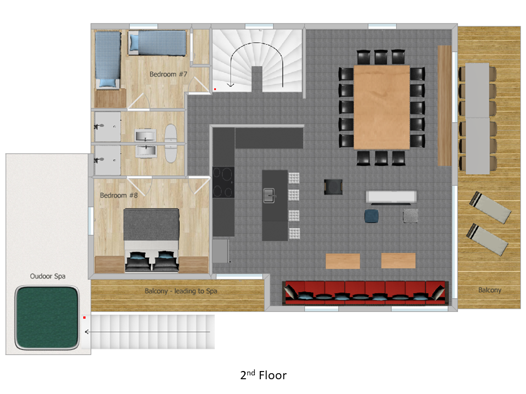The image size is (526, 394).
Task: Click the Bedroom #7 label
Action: coord(168,74)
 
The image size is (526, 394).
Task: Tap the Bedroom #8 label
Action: coord(119,195)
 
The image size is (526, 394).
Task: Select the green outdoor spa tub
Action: coord(47,317)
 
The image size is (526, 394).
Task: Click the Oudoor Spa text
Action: coord(48,276)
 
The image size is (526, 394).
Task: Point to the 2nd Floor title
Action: coord(264,375)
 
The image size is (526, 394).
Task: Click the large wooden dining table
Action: coord(382,107)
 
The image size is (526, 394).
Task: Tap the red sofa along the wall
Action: coord(365,293)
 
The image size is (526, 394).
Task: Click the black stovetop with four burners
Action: coord(224,182)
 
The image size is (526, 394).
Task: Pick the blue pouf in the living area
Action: coord(371,216)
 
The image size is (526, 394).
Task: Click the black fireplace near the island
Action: coord(333,187)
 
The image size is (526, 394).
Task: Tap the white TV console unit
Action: coord(391,197)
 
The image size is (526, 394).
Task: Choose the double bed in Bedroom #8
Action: coord(151,240)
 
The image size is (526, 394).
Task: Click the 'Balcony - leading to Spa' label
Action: coord(181,291)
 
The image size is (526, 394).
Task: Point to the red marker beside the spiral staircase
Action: coord(215,89)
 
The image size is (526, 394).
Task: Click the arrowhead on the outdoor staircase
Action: coord(87,332)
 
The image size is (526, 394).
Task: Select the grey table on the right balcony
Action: coord(477,119)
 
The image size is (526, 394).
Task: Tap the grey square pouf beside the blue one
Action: coord(410,216)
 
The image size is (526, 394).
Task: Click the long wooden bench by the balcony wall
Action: coord(444,106)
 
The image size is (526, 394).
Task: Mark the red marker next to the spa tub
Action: coord(84,317)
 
